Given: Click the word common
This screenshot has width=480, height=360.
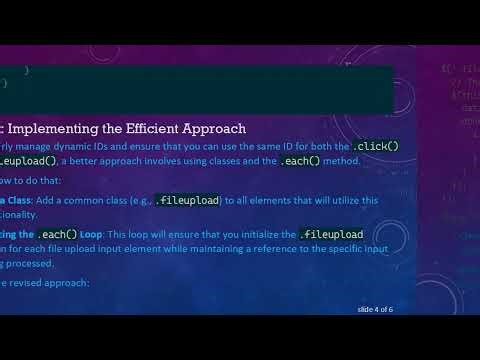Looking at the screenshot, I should coord(82,200).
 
